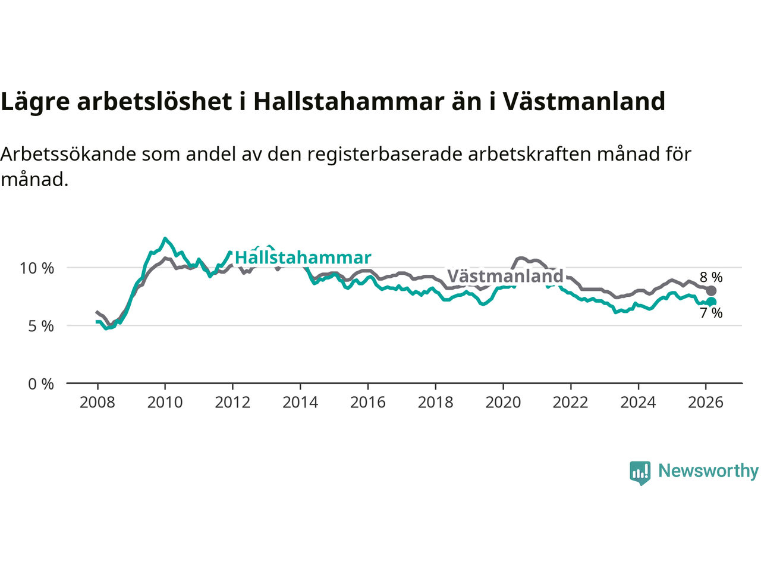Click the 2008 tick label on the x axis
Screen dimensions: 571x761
click(98, 403)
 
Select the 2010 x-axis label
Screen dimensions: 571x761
click(165, 403)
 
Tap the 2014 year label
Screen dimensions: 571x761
click(300, 403)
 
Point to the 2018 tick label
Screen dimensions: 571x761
click(435, 403)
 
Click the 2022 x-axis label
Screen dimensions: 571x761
click(571, 403)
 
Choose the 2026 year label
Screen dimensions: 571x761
click(706, 403)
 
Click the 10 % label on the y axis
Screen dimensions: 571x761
click(37, 268)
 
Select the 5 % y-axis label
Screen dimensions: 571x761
click(40, 326)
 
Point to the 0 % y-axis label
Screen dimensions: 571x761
click(40, 384)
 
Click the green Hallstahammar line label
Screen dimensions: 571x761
click(303, 258)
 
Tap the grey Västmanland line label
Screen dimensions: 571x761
click(505, 276)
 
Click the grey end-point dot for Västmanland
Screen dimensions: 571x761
click(711, 291)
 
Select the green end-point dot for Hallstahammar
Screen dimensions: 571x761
click(711, 302)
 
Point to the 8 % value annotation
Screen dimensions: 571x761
click(711, 277)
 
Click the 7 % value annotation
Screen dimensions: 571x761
click(711, 313)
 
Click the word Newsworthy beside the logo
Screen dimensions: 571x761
click(708, 471)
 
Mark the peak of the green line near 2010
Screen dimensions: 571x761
click(165, 239)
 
